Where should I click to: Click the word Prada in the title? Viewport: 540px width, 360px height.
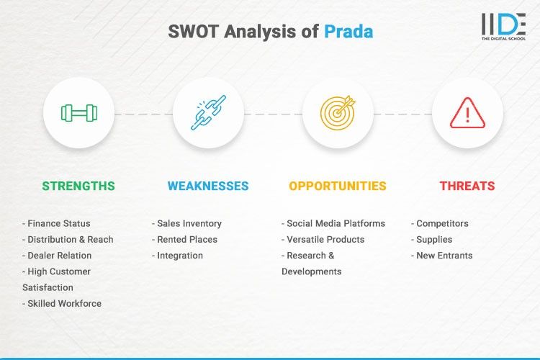pyautogui.click(x=348, y=32)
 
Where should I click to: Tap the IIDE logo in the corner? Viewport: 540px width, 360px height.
pyautogui.click(x=503, y=27)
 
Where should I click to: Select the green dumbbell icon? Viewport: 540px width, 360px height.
pyautogui.click(x=78, y=112)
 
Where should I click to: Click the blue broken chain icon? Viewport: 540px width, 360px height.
pyautogui.click(x=208, y=112)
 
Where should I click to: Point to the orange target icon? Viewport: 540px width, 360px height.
pyautogui.click(x=338, y=112)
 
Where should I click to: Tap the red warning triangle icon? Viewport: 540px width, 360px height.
pyautogui.click(x=467, y=113)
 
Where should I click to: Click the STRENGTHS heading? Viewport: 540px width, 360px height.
pyautogui.click(x=78, y=186)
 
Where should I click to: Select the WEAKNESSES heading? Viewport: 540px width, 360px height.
pyautogui.click(x=208, y=186)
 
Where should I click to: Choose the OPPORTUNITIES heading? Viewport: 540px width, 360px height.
pyautogui.click(x=338, y=186)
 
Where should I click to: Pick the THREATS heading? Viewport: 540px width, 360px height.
pyautogui.click(x=467, y=186)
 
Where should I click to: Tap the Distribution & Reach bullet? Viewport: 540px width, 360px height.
pyautogui.click(x=68, y=240)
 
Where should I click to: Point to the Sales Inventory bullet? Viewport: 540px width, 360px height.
pyautogui.click(x=187, y=224)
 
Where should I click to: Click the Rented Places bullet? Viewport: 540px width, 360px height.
pyautogui.click(x=184, y=240)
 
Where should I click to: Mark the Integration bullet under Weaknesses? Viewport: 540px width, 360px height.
pyautogui.click(x=178, y=256)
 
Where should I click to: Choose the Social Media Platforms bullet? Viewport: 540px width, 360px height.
pyautogui.click(x=333, y=224)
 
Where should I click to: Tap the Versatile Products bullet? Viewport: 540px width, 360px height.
pyautogui.click(x=323, y=240)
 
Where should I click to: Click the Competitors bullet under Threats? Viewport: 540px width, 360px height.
pyautogui.click(x=440, y=224)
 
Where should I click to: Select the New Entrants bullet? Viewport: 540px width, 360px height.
pyautogui.click(x=442, y=256)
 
